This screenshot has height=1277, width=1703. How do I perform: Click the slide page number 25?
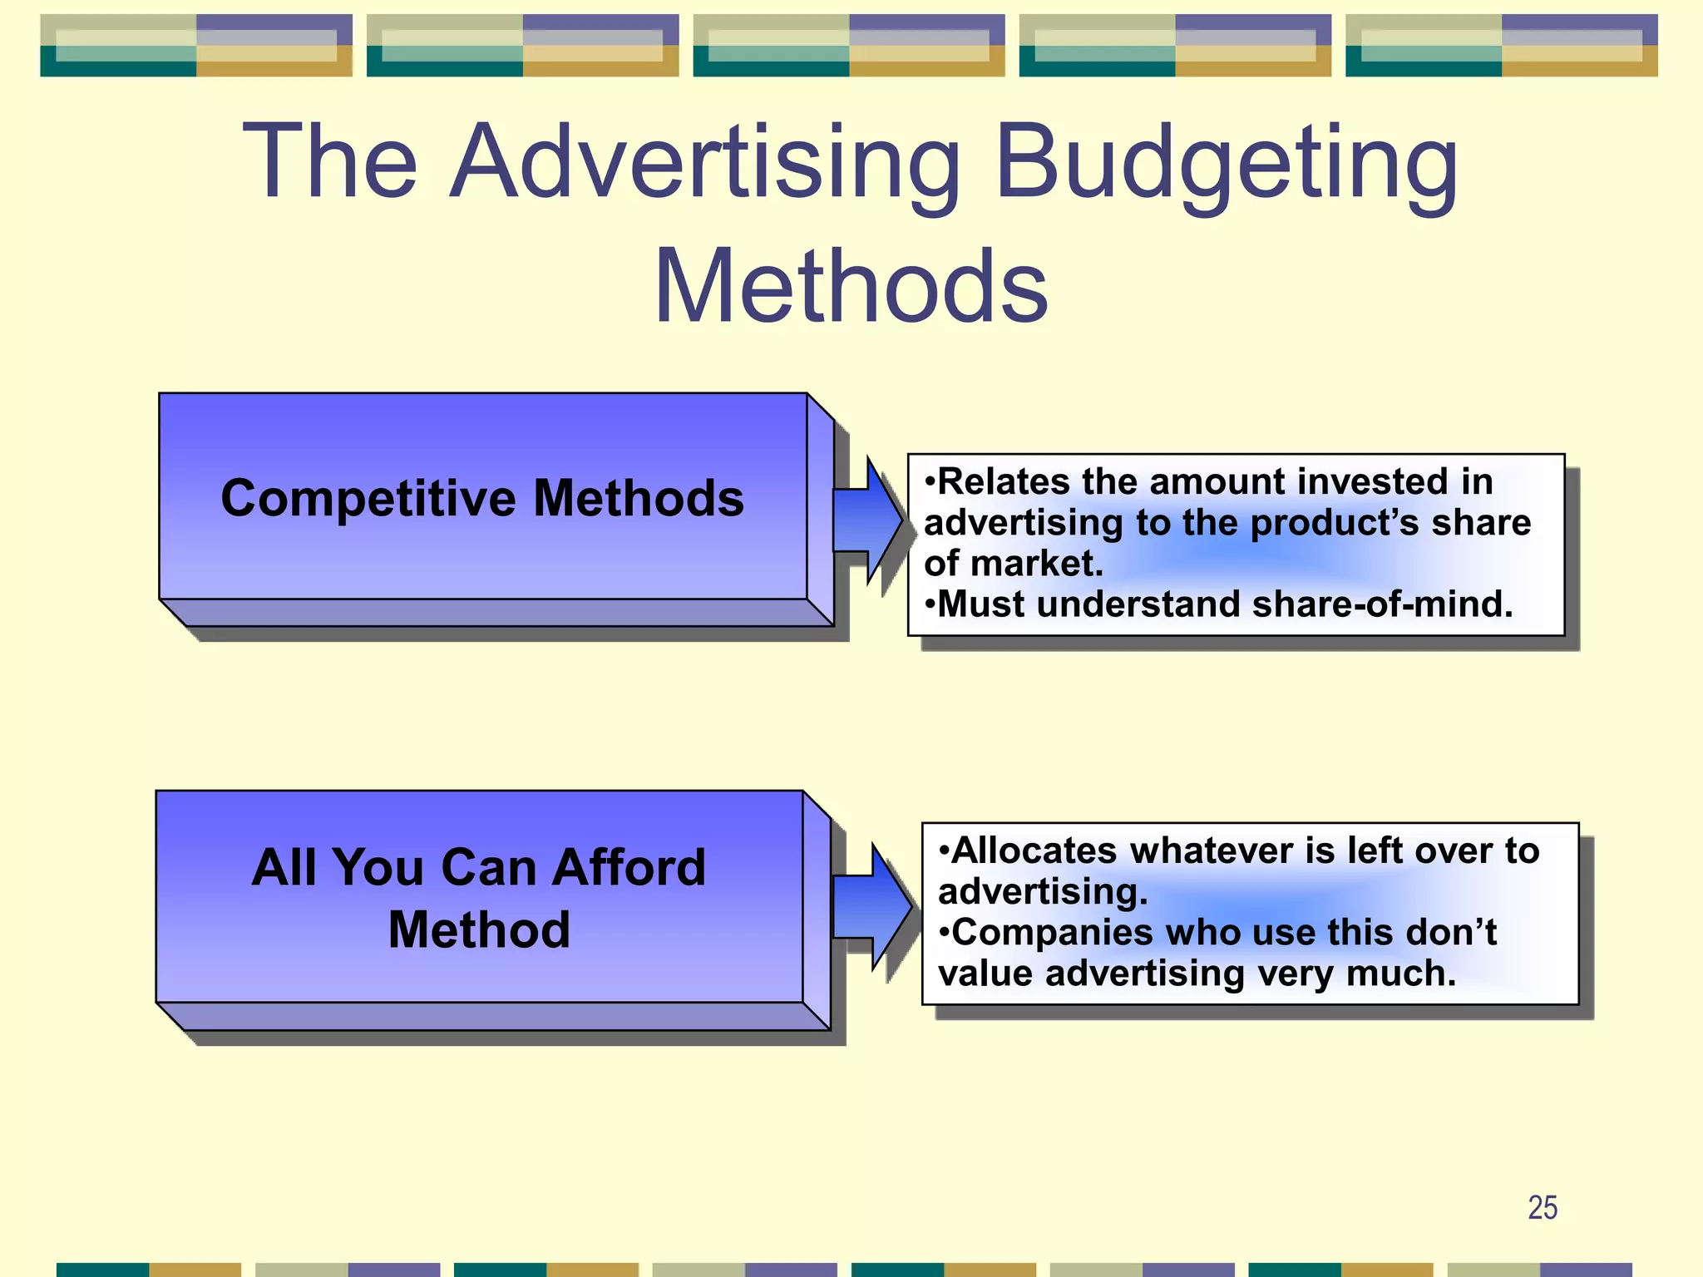point(1543,1207)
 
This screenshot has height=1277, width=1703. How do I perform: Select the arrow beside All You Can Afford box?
point(871,907)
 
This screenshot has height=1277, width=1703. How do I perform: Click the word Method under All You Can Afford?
point(479,929)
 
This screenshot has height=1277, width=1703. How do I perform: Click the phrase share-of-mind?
point(1382,604)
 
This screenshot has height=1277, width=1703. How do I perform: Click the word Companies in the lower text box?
point(1051,933)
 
